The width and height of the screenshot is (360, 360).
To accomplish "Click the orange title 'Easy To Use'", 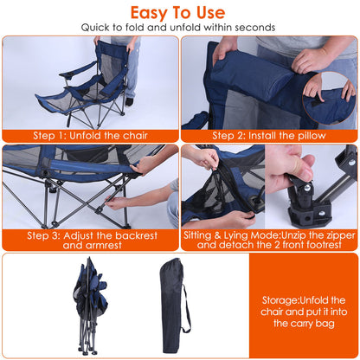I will [179, 12].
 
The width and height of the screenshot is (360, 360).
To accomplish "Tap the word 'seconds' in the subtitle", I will [256, 28].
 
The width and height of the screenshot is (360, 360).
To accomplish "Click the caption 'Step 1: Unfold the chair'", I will [89, 136].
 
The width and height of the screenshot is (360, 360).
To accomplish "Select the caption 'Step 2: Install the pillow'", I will [268, 136].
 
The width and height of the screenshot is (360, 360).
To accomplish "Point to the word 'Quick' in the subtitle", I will [98, 28].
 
